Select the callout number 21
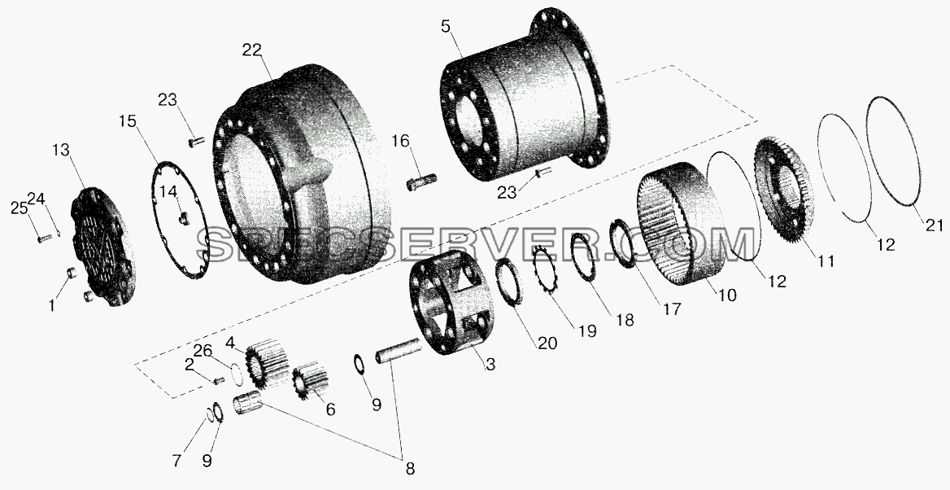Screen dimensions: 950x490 tap(934, 225)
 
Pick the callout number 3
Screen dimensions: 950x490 tap(490, 365)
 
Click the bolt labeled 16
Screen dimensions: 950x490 tap(421, 182)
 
